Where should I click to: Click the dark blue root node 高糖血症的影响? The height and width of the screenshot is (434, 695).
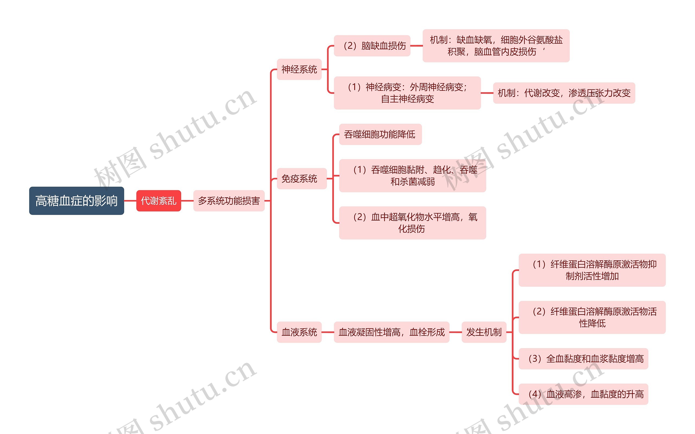click(x=77, y=201)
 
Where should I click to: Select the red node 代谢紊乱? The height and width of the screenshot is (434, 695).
click(x=159, y=201)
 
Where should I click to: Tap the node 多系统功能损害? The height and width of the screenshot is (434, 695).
click(x=229, y=201)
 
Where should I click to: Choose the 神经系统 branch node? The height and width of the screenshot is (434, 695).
click(x=299, y=69)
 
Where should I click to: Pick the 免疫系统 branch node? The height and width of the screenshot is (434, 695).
click(x=301, y=179)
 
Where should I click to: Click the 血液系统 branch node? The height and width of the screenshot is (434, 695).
click(x=299, y=332)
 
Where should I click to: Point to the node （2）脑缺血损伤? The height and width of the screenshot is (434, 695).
click(x=372, y=46)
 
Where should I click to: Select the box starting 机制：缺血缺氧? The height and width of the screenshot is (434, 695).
click(x=496, y=46)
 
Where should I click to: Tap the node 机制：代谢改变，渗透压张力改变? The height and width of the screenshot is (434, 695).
click(x=564, y=93)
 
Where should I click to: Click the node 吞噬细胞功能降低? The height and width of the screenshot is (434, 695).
click(x=380, y=134)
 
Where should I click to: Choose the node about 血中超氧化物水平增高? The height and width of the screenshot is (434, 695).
click(x=412, y=223)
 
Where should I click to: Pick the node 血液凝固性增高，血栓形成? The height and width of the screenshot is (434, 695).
click(x=391, y=332)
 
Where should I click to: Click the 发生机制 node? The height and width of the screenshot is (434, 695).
click(x=484, y=332)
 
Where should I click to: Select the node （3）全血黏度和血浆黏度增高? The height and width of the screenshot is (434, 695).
click(x=583, y=358)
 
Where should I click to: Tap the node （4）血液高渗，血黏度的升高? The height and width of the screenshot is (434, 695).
click(x=583, y=394)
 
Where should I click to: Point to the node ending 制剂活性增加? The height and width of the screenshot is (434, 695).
click(x=592, y=270)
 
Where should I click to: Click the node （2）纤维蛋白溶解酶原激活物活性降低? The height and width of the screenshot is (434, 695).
click(x=592, y=317)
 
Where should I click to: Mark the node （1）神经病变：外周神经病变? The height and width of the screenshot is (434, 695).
click(x=407, y=93)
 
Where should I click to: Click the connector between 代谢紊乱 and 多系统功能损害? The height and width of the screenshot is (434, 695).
click(x=187, y=201)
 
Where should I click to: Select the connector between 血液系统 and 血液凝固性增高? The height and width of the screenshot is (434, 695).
click(x=328, y=332)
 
